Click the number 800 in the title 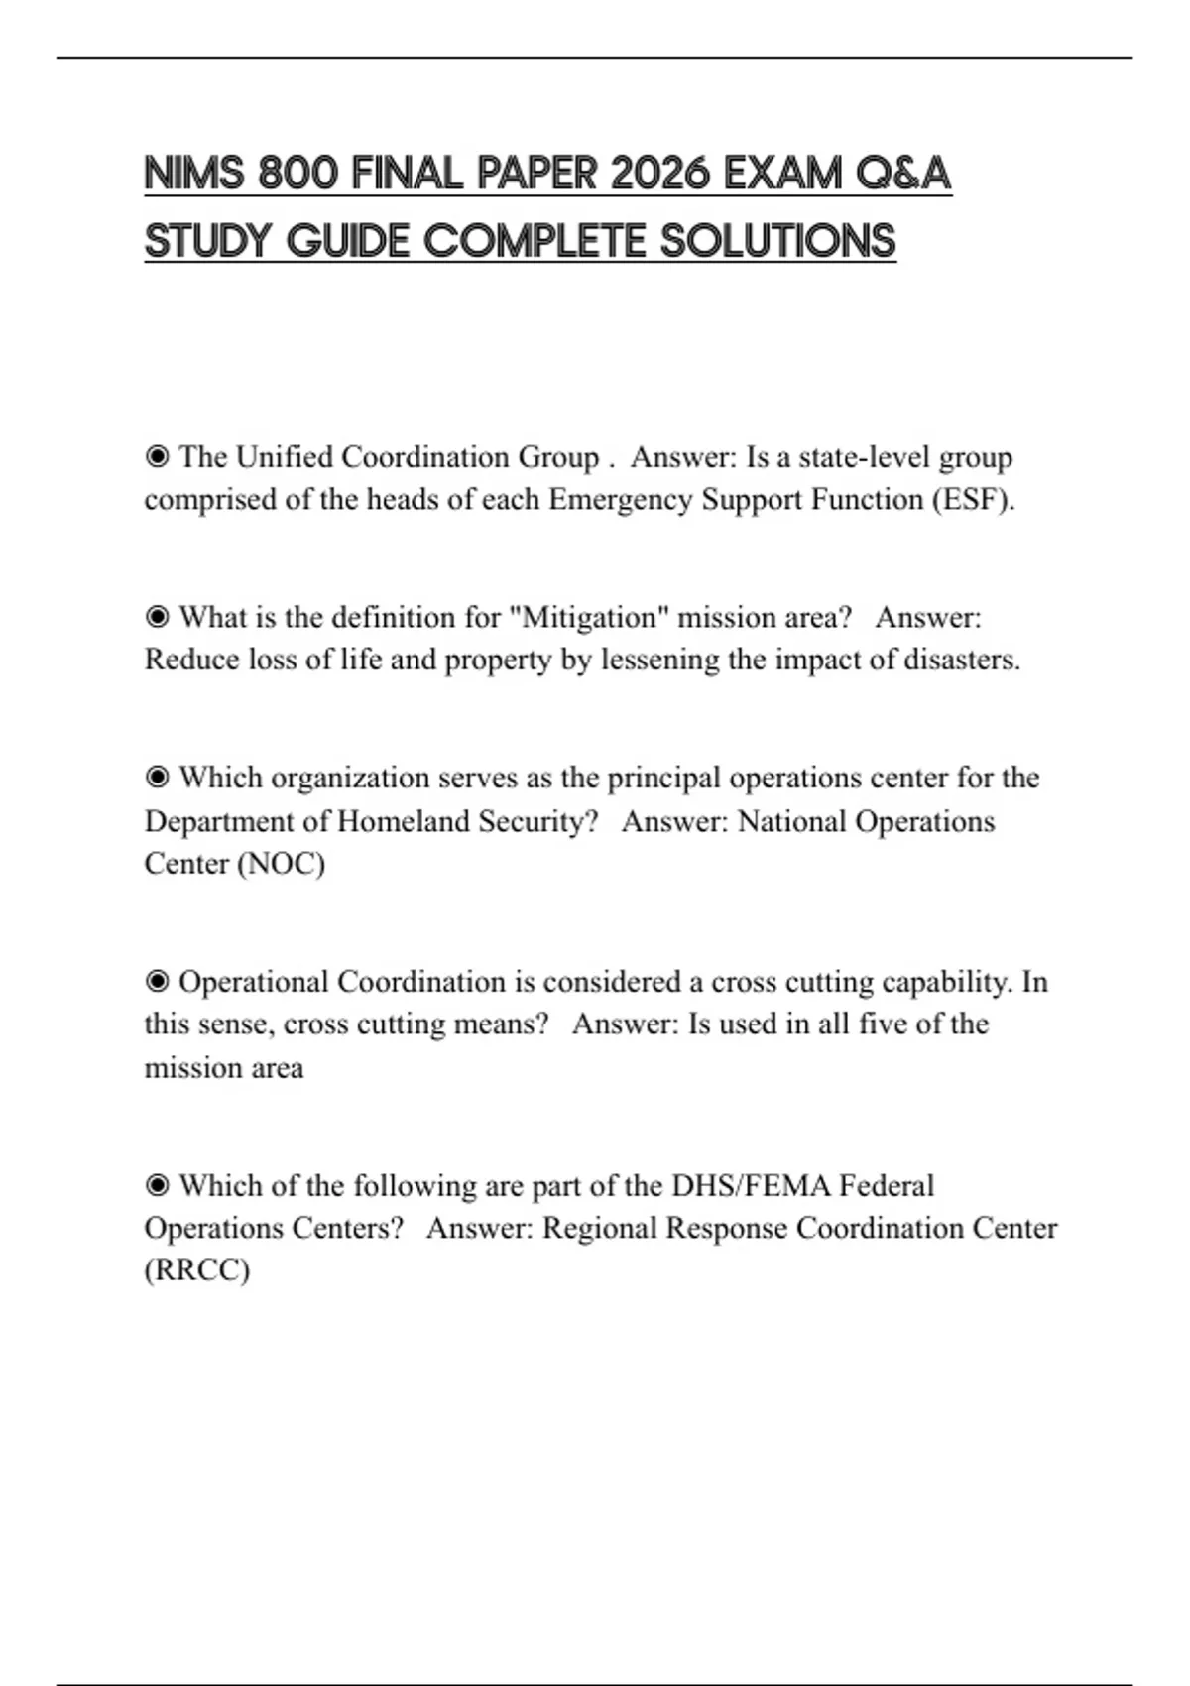point(297,175)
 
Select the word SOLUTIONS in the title point(778,242)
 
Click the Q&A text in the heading point(902,175)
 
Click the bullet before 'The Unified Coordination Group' point(157,457)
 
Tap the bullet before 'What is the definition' point(157,617)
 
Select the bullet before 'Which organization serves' point(157,778)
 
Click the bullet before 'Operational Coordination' point(157,982)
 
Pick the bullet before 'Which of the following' point(157,1185)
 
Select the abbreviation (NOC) point(280,863)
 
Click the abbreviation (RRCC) point(196,1270)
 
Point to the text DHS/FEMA point(750,1185)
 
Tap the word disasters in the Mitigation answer point(961,660)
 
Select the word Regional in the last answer point(600,1228)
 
